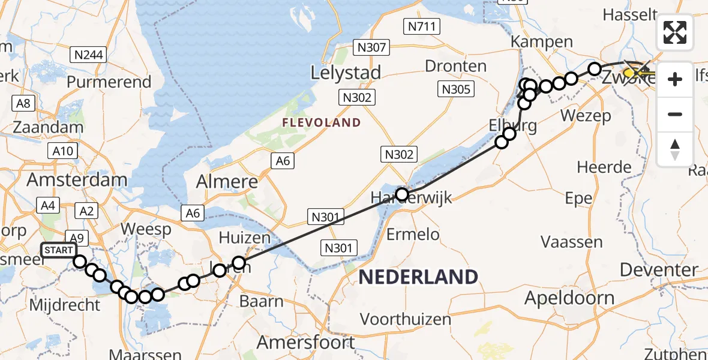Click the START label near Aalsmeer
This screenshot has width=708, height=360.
[x=59, y=250]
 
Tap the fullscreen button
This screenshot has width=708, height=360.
[x=675, y=32]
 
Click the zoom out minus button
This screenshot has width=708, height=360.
[x=675, y=114]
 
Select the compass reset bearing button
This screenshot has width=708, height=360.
[x=675, y=149]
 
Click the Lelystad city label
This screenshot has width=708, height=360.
[x=346, y=73]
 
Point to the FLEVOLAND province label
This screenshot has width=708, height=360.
[x=323, y=123]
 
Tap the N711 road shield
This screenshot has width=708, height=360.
[x=424, y=26]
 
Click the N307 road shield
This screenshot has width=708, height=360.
[x=373, y=47]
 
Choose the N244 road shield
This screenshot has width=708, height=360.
[x=89, y=56]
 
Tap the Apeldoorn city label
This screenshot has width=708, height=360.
[x=569, y=298]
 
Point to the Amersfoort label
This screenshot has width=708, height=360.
[x=305, y=343]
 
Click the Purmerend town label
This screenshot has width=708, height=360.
[x=109, y=82]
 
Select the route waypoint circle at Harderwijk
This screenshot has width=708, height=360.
[x=401, y=194]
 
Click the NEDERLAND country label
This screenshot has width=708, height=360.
[x=418, y=277]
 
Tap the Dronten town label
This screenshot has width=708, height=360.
[x=455, y=65]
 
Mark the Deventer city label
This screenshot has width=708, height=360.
[x=659, y=270]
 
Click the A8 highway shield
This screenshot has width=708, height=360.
[x=24, y=103]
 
